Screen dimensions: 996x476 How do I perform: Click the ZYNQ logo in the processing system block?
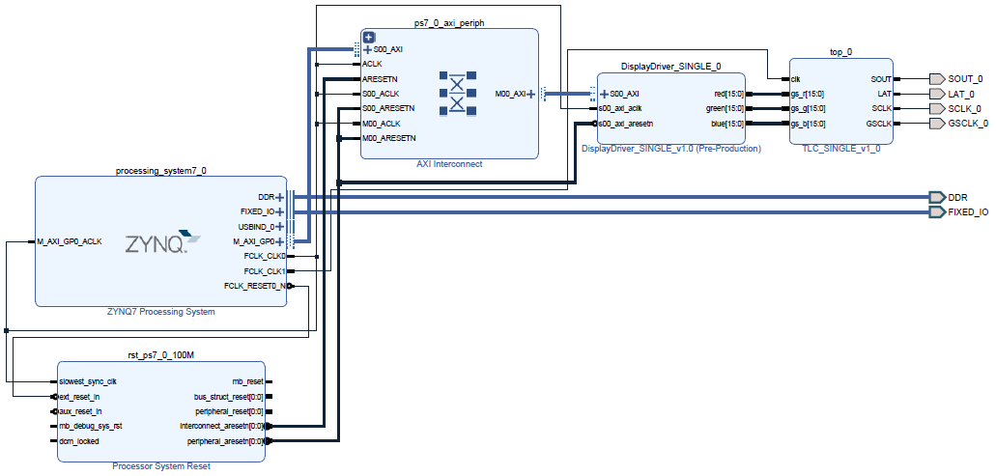[162, 241]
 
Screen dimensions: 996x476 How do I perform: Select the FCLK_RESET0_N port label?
[255, 286]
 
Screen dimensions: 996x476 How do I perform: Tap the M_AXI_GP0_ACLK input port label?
[70, 241]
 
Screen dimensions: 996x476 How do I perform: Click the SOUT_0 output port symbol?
[936, 79]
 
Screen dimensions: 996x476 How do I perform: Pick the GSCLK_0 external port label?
[968, 124]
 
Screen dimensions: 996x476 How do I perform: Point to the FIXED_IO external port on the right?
[936, 212]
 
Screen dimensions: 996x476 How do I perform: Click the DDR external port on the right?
[936, 197]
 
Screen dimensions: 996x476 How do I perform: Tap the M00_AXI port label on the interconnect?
[510, 95]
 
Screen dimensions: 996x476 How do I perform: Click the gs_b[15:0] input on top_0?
[808, 124]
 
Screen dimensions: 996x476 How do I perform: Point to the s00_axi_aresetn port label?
[626, 124]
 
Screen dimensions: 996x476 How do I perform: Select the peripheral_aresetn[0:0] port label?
[225, 441]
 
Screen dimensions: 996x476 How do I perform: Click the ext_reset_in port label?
[79, 397]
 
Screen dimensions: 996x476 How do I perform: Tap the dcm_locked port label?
[79, 441]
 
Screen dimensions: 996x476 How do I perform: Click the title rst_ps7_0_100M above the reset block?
[160, 354]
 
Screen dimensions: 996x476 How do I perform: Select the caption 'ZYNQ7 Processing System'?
[160, 312]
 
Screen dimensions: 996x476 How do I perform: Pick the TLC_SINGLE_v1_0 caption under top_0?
[841, 149]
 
